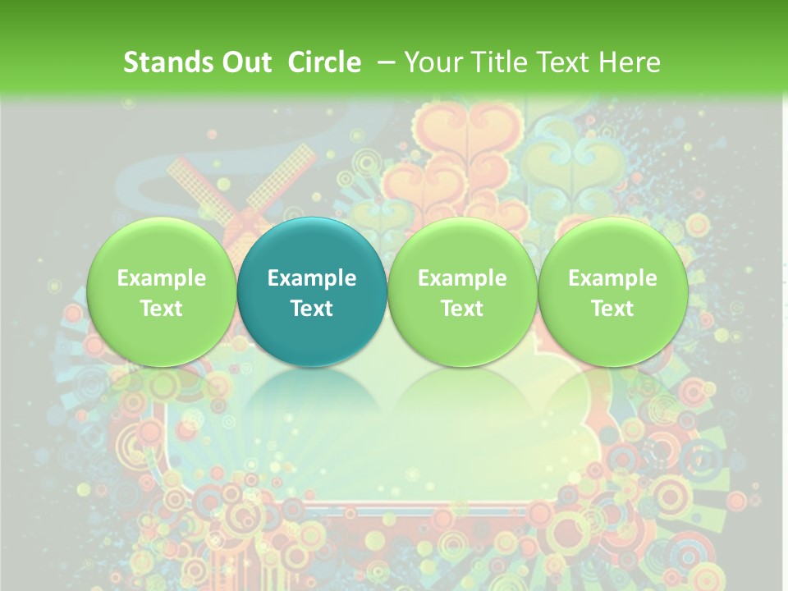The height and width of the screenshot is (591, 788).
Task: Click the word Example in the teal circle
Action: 312,278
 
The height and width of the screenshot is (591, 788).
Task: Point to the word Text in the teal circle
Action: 312,309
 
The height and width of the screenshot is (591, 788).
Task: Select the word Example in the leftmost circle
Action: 162,278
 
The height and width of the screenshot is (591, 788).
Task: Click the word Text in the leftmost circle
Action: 162,309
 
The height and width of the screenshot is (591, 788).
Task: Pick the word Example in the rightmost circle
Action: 612,278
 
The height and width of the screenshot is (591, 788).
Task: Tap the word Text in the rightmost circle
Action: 612,309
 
